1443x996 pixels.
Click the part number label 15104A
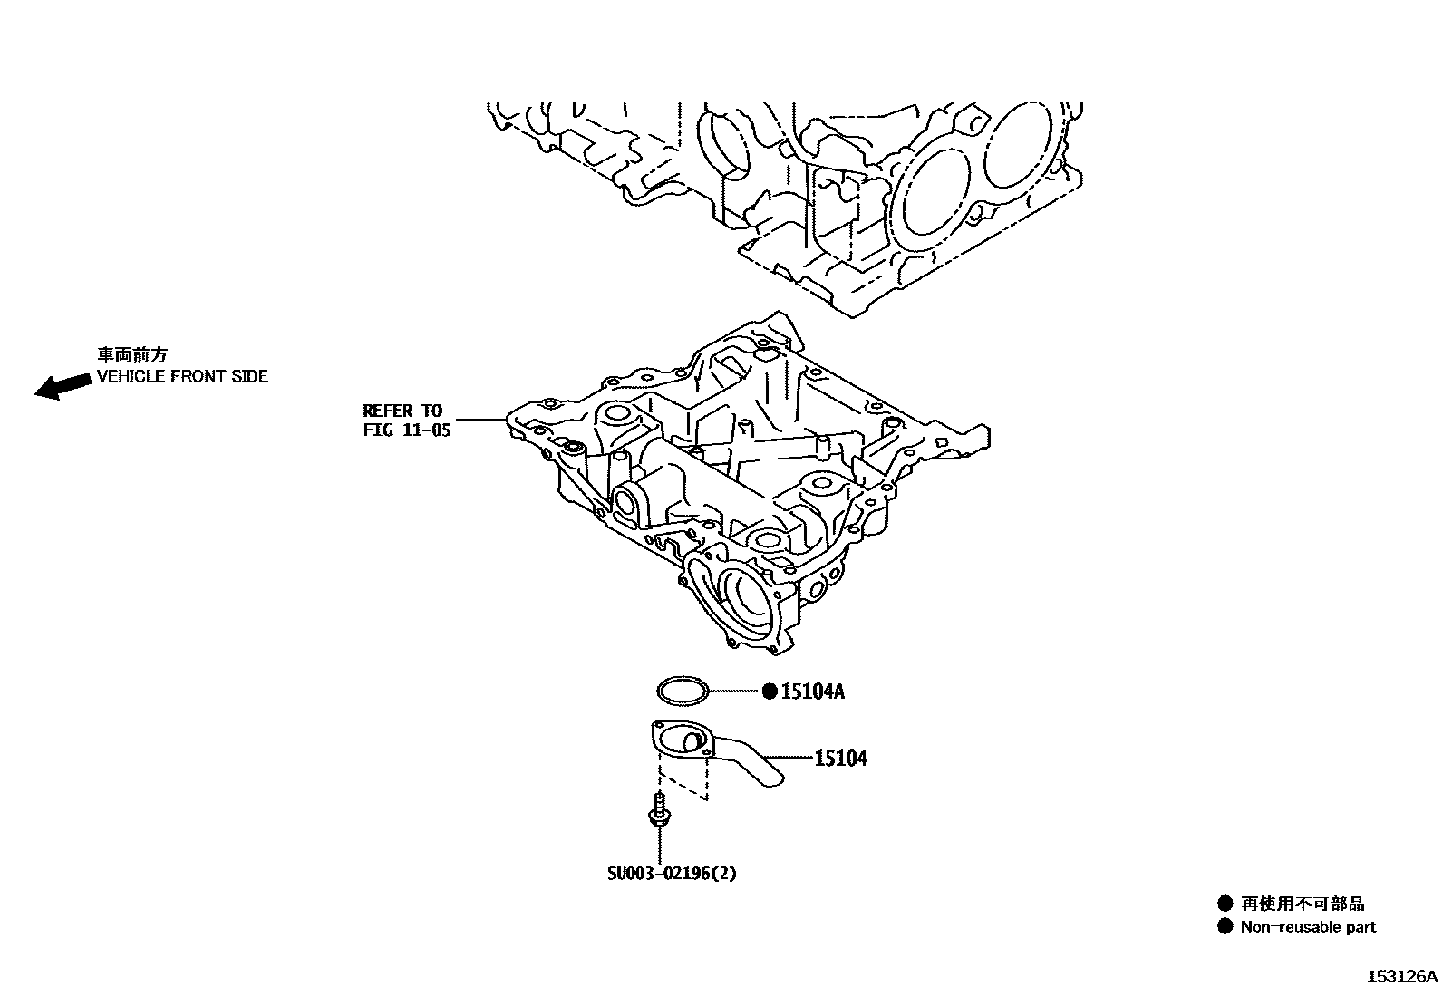coord(813,692)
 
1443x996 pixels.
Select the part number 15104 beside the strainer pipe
coord(840,759)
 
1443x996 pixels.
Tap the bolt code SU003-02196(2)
coord(672,874)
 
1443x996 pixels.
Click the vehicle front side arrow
coord(56,387)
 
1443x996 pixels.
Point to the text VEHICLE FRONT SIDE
coord(182,376)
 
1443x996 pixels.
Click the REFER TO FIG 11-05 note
coord(406,421)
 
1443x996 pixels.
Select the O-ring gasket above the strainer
coord(683,691)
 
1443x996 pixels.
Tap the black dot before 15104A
coord(769,692)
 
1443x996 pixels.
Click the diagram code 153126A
coord(1402,977)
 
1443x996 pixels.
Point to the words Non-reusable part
coord(1308,927)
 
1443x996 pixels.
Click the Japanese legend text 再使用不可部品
coord(1303,904)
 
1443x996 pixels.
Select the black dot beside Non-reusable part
coord(1225,926)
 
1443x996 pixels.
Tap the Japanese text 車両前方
coord(132,355)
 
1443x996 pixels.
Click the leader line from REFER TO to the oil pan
coord(479,420)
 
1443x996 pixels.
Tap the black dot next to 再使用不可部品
coord(1225,903)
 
